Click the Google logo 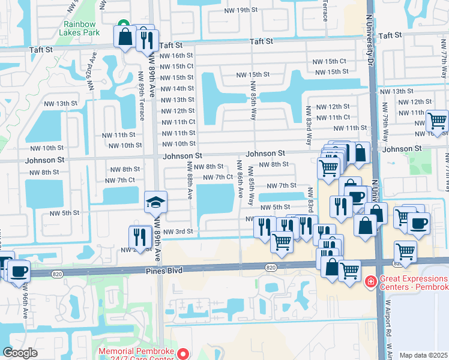20,353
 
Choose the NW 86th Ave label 240,179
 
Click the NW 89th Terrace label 141,102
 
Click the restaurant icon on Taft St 146,41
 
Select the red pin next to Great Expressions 370,281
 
